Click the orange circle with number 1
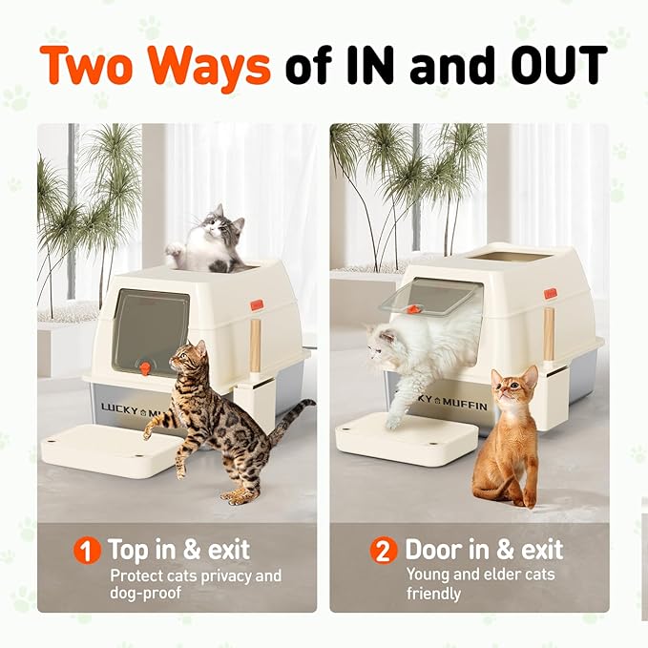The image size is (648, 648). (88, 552)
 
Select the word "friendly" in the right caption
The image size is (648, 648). (434, 594)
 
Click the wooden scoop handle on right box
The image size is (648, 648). (549, 334)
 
